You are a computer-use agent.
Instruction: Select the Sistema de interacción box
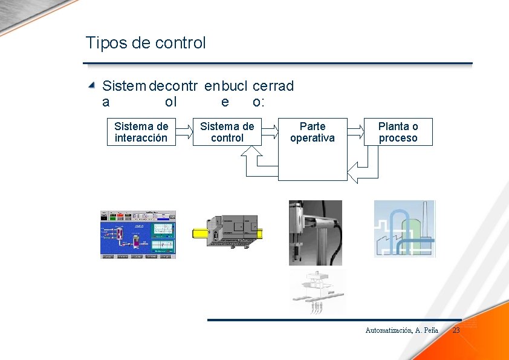141,132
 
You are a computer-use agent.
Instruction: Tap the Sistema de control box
227,132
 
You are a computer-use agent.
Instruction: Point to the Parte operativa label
312,132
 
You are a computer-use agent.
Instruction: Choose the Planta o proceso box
398,132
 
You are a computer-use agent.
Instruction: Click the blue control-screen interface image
138,235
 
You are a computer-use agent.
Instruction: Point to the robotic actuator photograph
315,232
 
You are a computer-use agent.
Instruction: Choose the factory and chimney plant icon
404,229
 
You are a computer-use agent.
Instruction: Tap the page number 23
456,330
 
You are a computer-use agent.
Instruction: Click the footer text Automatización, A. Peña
401,330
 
